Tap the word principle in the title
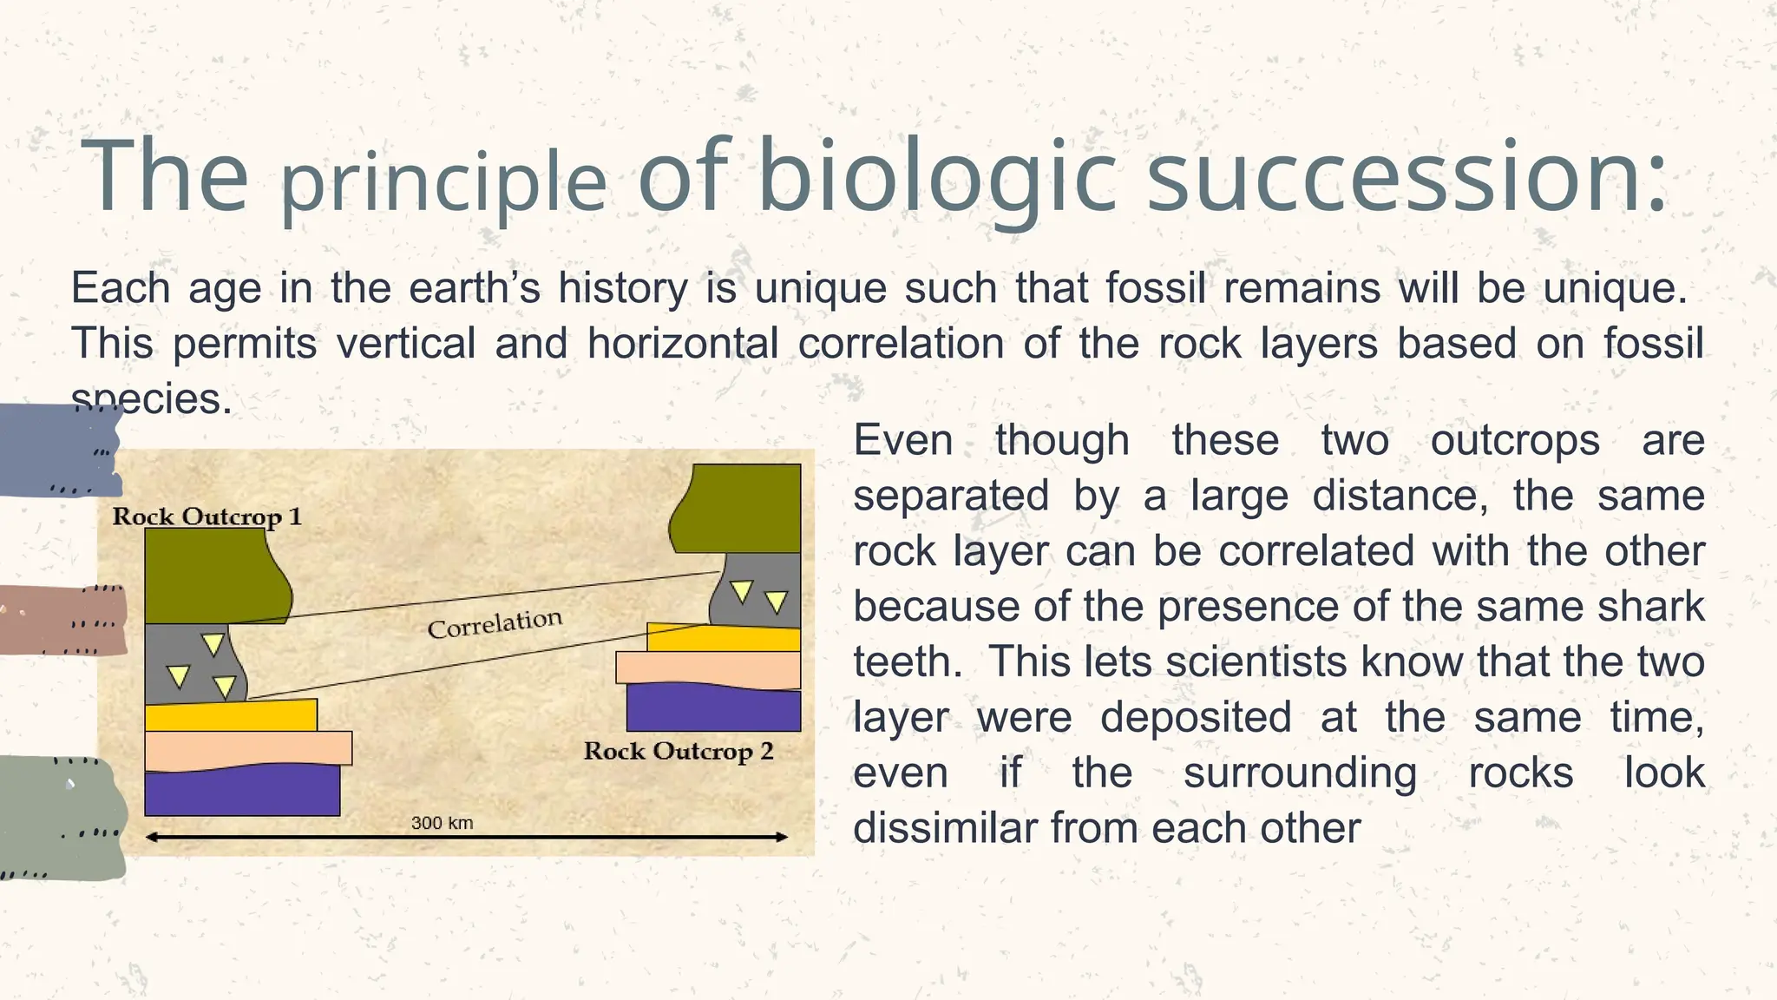click(x=443, y=183)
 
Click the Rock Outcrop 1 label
click(x=207, y=516)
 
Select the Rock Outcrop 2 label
click(x=678, y=751)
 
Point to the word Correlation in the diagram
click(x=495, y=623)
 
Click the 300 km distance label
click(x=442, y=823)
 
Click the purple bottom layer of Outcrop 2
click(x=713, y=710)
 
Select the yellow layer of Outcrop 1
click(x=230, y=716)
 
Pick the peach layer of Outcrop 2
click(x=707, y=669)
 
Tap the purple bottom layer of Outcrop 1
click(x=241, y=792)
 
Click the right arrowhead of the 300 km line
click(x=781, y=838)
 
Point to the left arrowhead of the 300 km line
click(x=151, y=838)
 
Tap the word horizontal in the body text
click(x=682, y=343)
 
